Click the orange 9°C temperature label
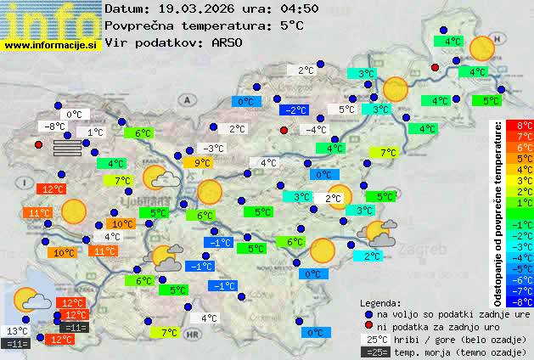202,163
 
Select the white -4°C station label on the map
317,130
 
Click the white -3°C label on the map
214,149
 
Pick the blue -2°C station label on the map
294,110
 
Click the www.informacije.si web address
52,43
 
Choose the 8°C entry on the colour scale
525,125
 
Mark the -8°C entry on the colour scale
525,301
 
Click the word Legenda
380,302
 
